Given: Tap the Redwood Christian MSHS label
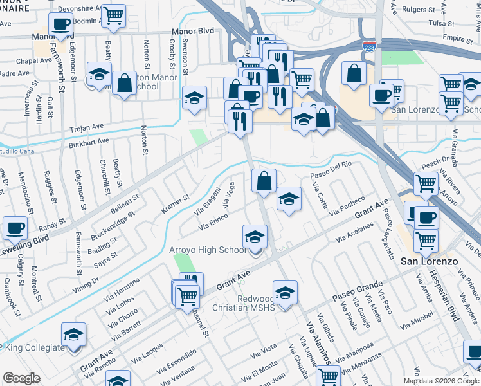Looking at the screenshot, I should coord(247,304).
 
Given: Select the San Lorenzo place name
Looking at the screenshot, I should coord(428,262).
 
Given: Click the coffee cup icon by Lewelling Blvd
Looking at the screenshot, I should coord(15,227).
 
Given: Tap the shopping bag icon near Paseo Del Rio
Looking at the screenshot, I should coord(264,180).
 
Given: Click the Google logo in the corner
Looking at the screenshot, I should coord(22,378).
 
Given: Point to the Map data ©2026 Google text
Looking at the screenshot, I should coord(440,381).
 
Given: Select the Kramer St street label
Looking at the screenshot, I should coord(176,205).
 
